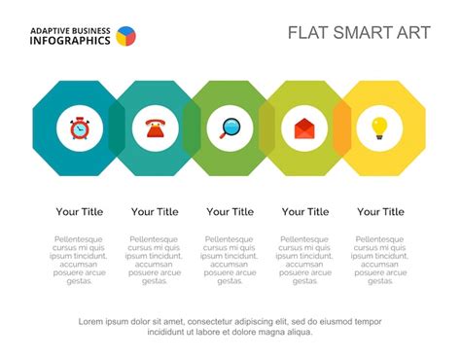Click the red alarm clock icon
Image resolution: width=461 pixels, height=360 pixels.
click(80, 127)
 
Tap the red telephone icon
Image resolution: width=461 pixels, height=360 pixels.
click(155, 127)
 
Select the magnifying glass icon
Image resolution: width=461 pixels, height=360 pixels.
click(230, 127)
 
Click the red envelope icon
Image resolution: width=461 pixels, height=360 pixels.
click(304, 127)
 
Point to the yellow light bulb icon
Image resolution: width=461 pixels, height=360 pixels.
click(379, 127)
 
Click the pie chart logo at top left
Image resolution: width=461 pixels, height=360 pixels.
click(125, 36)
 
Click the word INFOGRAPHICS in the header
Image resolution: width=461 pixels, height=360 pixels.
click(69, 41)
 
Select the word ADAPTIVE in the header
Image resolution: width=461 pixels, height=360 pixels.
click(51, 29)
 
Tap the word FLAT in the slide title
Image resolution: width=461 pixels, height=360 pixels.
click(306, 32)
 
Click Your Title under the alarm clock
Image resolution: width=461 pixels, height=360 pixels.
click(80, 211)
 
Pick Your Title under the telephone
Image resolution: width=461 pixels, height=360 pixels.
click(155, 211)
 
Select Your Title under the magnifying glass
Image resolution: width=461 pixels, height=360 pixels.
click(230, 211)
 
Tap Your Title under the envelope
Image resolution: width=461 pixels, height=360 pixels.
click(305, 211)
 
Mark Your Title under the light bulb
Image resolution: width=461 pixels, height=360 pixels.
click(380, 211)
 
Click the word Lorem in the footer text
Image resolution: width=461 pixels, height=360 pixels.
click(91, 321)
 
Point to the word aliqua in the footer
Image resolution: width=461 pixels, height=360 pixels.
click(298, 332)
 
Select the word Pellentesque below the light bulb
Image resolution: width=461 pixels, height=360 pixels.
click(380, 239)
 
